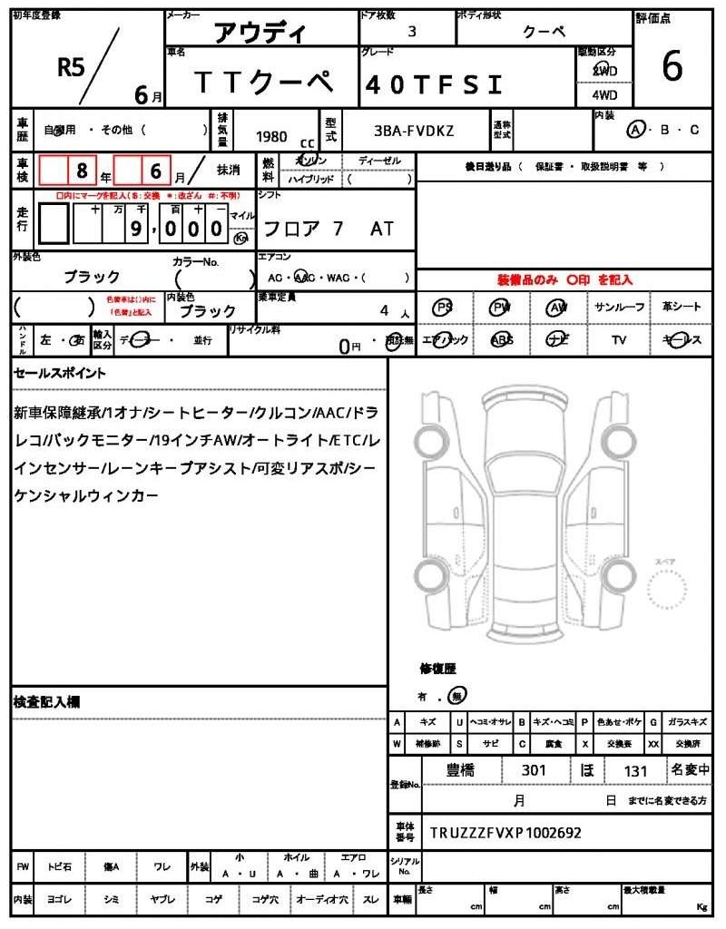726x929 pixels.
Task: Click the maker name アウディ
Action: click(x=260, y=33)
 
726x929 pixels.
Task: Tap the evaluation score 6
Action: click(x=672, y=67)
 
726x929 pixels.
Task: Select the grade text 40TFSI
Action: click(x=433, y=85)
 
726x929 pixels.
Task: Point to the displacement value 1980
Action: click(x=271, y=136)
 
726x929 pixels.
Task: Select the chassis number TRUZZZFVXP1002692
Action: click(x=505, y=832)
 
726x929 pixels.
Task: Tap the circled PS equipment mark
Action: click(x=444, y=308)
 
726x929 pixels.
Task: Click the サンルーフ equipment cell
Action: click(x=620, y=308)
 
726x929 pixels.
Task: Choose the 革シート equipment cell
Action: click(x=682, y=308)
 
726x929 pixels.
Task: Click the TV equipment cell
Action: click(x=620, y=340)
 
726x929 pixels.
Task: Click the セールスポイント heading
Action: click(x=59, y=373)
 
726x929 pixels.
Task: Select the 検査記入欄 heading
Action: click(x=46, y=702)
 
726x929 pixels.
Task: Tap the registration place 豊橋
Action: click(x=462, y=770)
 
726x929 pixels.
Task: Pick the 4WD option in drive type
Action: click(x=603, y=94)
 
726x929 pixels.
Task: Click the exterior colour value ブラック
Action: click(x=92, y=277)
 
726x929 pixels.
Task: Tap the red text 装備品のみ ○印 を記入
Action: click(x=564, y=280)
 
